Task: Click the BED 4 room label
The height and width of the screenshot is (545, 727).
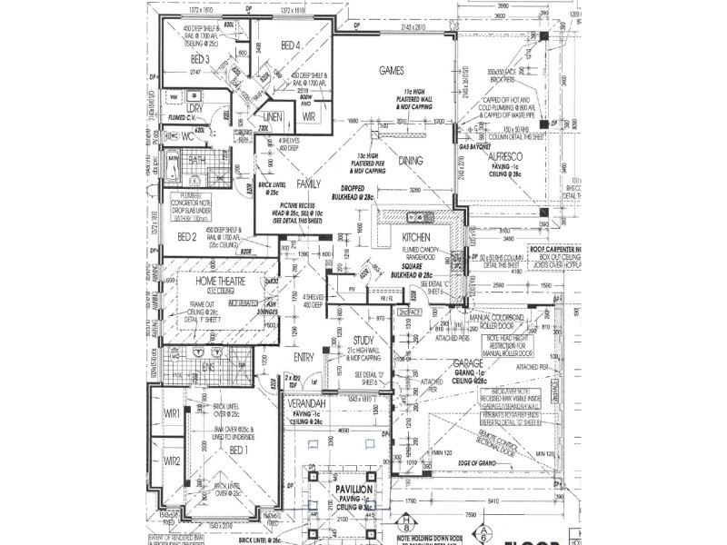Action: point(290,45)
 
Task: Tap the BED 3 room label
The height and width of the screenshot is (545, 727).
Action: point(194,60)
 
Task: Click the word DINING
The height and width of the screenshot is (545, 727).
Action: point(410,160)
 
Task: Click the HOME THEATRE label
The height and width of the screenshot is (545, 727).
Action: point(218,282)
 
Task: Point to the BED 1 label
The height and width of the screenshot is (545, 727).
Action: point(237,451)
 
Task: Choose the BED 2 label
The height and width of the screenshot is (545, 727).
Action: point(188,237)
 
